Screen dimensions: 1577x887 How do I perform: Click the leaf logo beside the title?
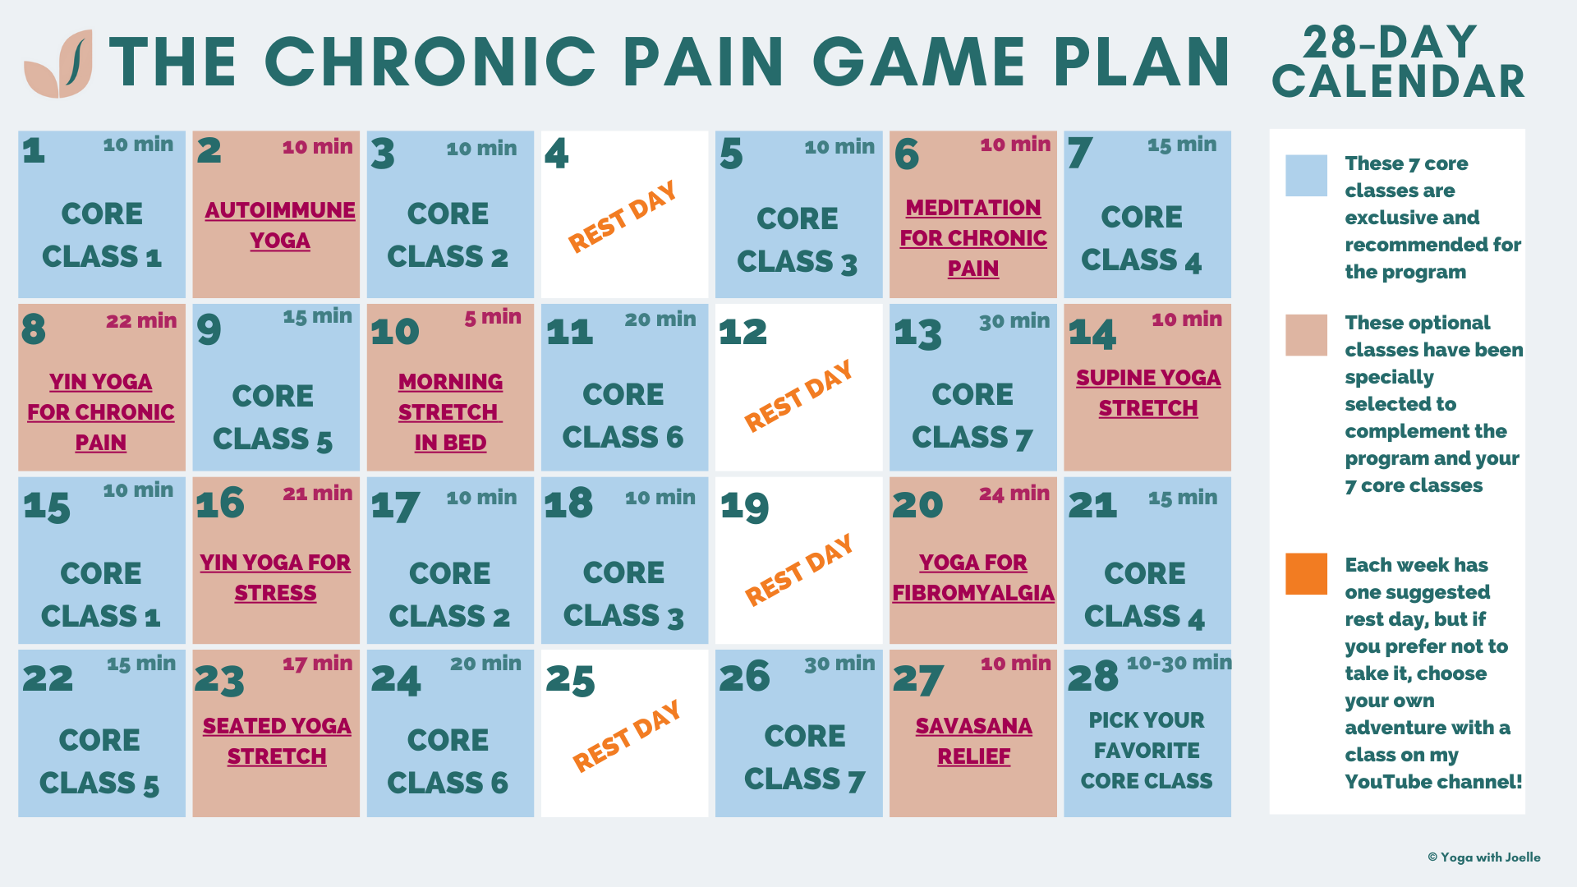[58, 63]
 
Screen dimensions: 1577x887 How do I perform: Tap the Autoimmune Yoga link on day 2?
[280, 225]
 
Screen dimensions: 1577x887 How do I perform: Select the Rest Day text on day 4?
[623, 216]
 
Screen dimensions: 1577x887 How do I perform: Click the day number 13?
[918, 333]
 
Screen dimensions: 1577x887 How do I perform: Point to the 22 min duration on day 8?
[141, 320]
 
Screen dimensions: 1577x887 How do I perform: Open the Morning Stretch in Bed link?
[450, 411]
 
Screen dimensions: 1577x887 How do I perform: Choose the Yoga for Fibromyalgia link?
[973, 577]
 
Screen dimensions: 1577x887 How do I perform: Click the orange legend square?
[1306, 573]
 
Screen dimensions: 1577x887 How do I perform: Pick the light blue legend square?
[1306, 176]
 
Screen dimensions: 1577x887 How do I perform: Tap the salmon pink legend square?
[1306, 335]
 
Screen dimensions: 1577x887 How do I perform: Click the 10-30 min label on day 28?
[1179, 663]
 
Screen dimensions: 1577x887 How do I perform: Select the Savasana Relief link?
[974, 741]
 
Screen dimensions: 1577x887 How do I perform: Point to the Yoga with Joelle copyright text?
[1484, 857]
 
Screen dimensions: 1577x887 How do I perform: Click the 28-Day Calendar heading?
[1398, 62]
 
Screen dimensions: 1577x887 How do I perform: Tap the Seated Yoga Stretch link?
[277, 741]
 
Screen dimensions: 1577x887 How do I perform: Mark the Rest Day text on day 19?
[798, 570]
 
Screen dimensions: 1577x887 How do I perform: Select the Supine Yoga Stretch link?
[1148, 393]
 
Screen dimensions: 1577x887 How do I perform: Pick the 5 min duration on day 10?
[493, 317]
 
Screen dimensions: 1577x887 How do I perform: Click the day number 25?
[570, 680]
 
